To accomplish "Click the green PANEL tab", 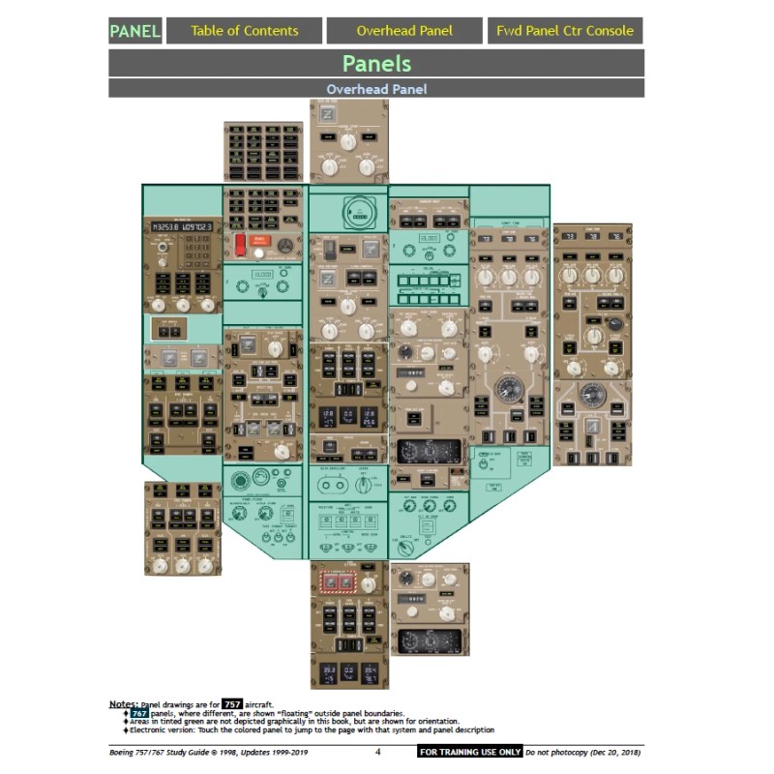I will pos(134,30).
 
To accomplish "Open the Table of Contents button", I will pos(244,30).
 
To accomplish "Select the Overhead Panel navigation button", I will pos(403,30).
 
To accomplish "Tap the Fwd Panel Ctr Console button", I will pos(565,30).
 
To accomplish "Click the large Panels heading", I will pos(376,64).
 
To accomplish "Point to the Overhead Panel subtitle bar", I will pos(376,89).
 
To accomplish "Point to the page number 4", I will pos(378,752).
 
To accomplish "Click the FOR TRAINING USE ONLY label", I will pos(470,752).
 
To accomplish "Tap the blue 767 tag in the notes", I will pos(139,713).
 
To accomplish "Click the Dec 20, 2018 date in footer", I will pos(614,752).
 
